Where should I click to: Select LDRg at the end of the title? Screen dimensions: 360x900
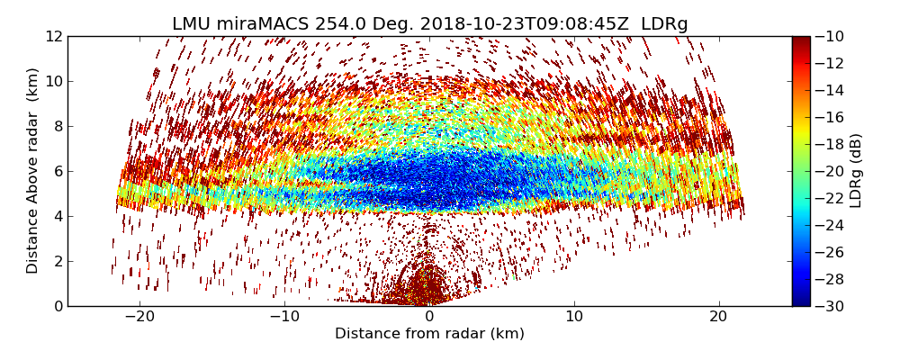point(664,24)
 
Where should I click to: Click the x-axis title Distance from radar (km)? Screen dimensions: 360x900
point(429,334)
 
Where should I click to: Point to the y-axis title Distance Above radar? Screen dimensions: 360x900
point(33,170)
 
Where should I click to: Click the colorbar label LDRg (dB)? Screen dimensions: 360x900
point(856,170)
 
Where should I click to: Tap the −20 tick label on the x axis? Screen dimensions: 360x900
point(139,317)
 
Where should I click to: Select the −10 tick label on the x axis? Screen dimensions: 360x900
point(284,317)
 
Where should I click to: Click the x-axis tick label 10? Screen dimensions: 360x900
point(574,317)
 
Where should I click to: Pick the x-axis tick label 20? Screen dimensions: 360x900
point(719,317)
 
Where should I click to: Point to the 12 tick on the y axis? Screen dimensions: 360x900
point(53,37)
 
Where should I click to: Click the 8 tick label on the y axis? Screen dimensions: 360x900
point(57,127)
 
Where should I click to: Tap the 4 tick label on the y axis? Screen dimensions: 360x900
point(57,217)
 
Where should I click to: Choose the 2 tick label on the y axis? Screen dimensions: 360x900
point(57,262)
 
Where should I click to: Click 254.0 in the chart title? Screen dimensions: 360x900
point(338,24)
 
